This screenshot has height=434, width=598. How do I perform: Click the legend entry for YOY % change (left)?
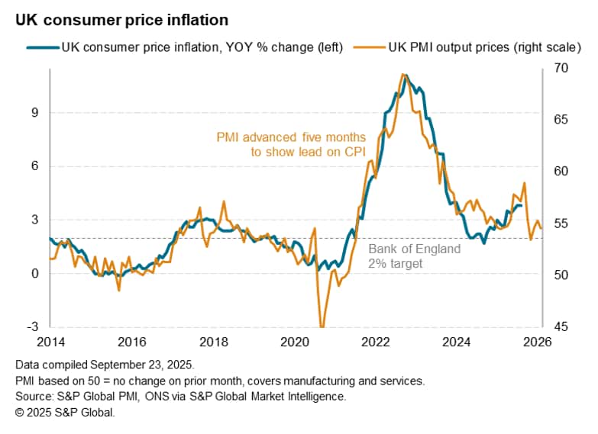click(202, 47)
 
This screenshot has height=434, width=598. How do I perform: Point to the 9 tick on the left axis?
click(34, 112)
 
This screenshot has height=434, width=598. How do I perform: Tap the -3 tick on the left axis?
click(32, 327)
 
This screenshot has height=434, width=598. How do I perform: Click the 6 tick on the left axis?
click(34, 166)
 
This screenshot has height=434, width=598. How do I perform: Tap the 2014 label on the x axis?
click(50, 341)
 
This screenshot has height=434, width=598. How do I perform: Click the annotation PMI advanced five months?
click(291, 138)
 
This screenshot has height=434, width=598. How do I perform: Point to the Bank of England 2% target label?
click(414, 256)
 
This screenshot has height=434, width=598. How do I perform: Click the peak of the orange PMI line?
click(402, 74)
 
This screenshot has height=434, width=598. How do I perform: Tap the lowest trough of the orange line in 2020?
click(321, 326)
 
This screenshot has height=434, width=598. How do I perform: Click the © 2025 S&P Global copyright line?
click(64, 412)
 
